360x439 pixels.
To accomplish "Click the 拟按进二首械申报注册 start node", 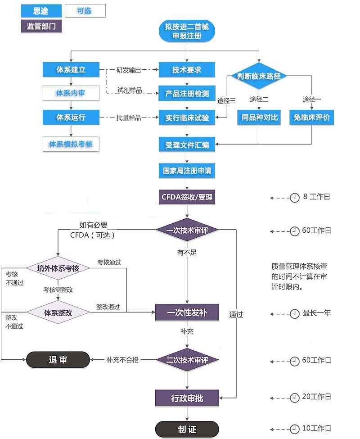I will (187, 31).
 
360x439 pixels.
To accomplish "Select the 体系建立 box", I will (71, 70).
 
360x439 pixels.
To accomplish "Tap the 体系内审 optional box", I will (71, 93).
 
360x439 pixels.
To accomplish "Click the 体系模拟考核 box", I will (71, 144).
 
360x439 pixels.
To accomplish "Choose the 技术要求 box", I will (187, 70).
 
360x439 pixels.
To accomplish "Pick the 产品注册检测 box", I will (187, 94).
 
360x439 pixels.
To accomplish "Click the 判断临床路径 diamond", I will (259, 76).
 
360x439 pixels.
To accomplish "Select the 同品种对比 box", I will (260, 118).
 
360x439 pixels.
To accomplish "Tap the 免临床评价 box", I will (311, 118).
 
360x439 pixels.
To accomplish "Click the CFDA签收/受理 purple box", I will (187, 197).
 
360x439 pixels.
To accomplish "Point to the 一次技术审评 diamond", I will (187, 230).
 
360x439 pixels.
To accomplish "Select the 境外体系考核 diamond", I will (58, 268).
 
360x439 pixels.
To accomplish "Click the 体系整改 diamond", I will (58, 312).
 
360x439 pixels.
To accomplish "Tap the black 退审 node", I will (58, 360).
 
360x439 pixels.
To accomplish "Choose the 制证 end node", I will (187, 429).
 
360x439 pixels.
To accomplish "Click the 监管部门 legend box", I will (41, 26).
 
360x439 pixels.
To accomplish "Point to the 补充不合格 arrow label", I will (122, 360).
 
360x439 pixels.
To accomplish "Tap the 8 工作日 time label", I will (316, 197).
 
